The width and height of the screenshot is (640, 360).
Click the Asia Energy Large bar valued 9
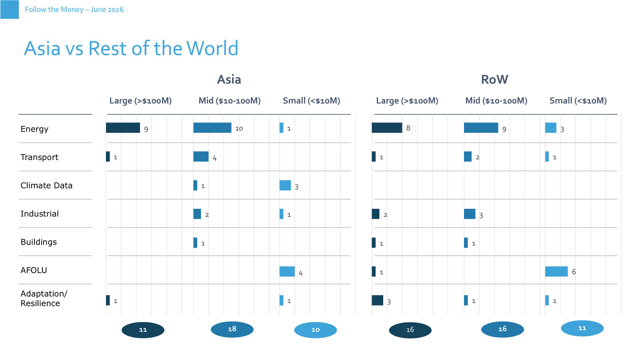123,128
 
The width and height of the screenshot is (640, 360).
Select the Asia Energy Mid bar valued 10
212,128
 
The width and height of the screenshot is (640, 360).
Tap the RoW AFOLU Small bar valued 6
556,272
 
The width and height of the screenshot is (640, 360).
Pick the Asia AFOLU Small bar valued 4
287,272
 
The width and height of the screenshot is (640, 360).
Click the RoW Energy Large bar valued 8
387,128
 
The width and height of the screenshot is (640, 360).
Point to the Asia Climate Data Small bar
285,185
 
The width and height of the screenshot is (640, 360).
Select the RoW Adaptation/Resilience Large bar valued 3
378,300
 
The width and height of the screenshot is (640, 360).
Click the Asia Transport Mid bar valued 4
201,156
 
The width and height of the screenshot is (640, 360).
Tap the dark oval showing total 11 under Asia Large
143,330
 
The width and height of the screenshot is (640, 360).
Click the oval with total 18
232,330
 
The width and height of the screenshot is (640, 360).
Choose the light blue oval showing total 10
316,330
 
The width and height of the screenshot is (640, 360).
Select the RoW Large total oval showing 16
410,330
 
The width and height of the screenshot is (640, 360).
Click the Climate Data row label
46,186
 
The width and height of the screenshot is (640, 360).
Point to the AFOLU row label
34,270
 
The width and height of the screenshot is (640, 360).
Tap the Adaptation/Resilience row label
44,298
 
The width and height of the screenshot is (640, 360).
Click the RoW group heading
494,80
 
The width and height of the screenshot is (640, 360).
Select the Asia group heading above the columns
229,80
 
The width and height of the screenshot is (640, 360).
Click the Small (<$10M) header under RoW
578,100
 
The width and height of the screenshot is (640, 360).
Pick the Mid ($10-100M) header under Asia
230,100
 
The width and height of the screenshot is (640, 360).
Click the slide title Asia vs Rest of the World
131,48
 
